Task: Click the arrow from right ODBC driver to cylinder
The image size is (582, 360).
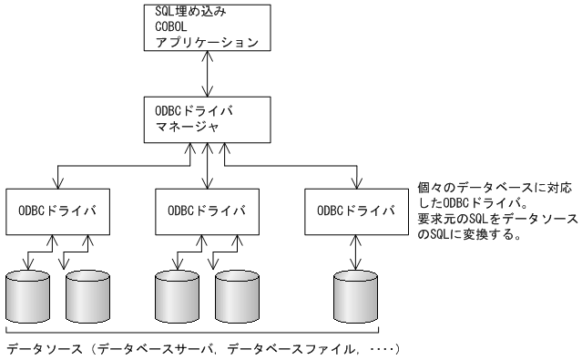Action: coord(356,250)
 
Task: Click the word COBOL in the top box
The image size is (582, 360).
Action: coord(162,26)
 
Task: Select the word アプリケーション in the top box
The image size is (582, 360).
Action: coord(195,42)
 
